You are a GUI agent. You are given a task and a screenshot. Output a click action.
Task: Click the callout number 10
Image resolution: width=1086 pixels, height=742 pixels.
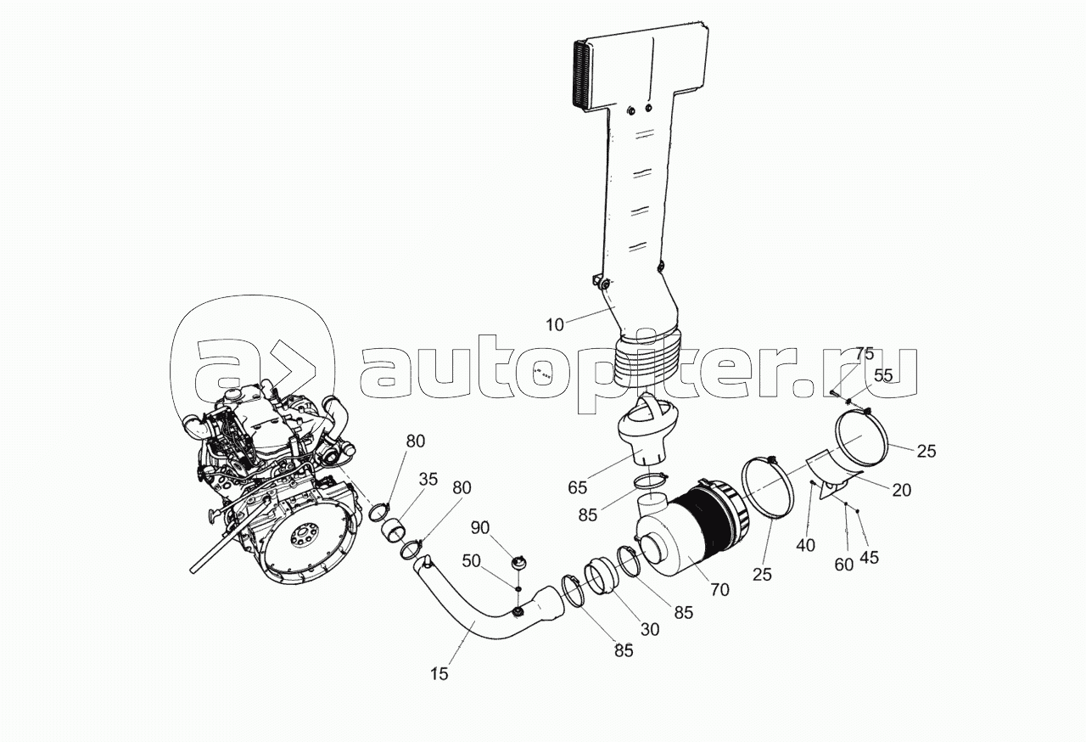tap(554, 324)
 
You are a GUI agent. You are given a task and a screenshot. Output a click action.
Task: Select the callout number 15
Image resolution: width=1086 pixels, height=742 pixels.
tap(439, 674)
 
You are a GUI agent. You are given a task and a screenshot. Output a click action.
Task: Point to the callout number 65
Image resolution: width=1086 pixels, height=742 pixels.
tap(577, 486)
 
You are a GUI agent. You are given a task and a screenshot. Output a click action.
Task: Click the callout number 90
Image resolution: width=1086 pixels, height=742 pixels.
tap(479, 528)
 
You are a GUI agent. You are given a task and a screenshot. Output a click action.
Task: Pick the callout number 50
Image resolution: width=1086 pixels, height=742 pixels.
tap(472, 561)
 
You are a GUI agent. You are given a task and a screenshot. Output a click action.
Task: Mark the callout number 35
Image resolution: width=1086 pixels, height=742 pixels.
tap(428, 479)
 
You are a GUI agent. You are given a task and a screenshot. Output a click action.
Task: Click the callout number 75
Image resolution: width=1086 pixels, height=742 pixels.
tap(864, 353)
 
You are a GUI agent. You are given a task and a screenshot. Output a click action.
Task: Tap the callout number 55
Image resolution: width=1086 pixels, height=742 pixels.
tap(883, 374)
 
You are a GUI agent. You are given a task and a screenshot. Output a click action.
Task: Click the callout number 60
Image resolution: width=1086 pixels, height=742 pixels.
tap(842, 564)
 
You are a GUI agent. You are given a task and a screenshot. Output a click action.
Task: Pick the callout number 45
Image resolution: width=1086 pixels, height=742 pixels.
tap(869, 557)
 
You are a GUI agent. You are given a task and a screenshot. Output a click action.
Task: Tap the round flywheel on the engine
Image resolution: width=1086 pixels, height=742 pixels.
tap(301, 539)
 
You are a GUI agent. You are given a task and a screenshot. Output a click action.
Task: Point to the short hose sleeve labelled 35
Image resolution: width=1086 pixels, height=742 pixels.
tap(395, 536)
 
